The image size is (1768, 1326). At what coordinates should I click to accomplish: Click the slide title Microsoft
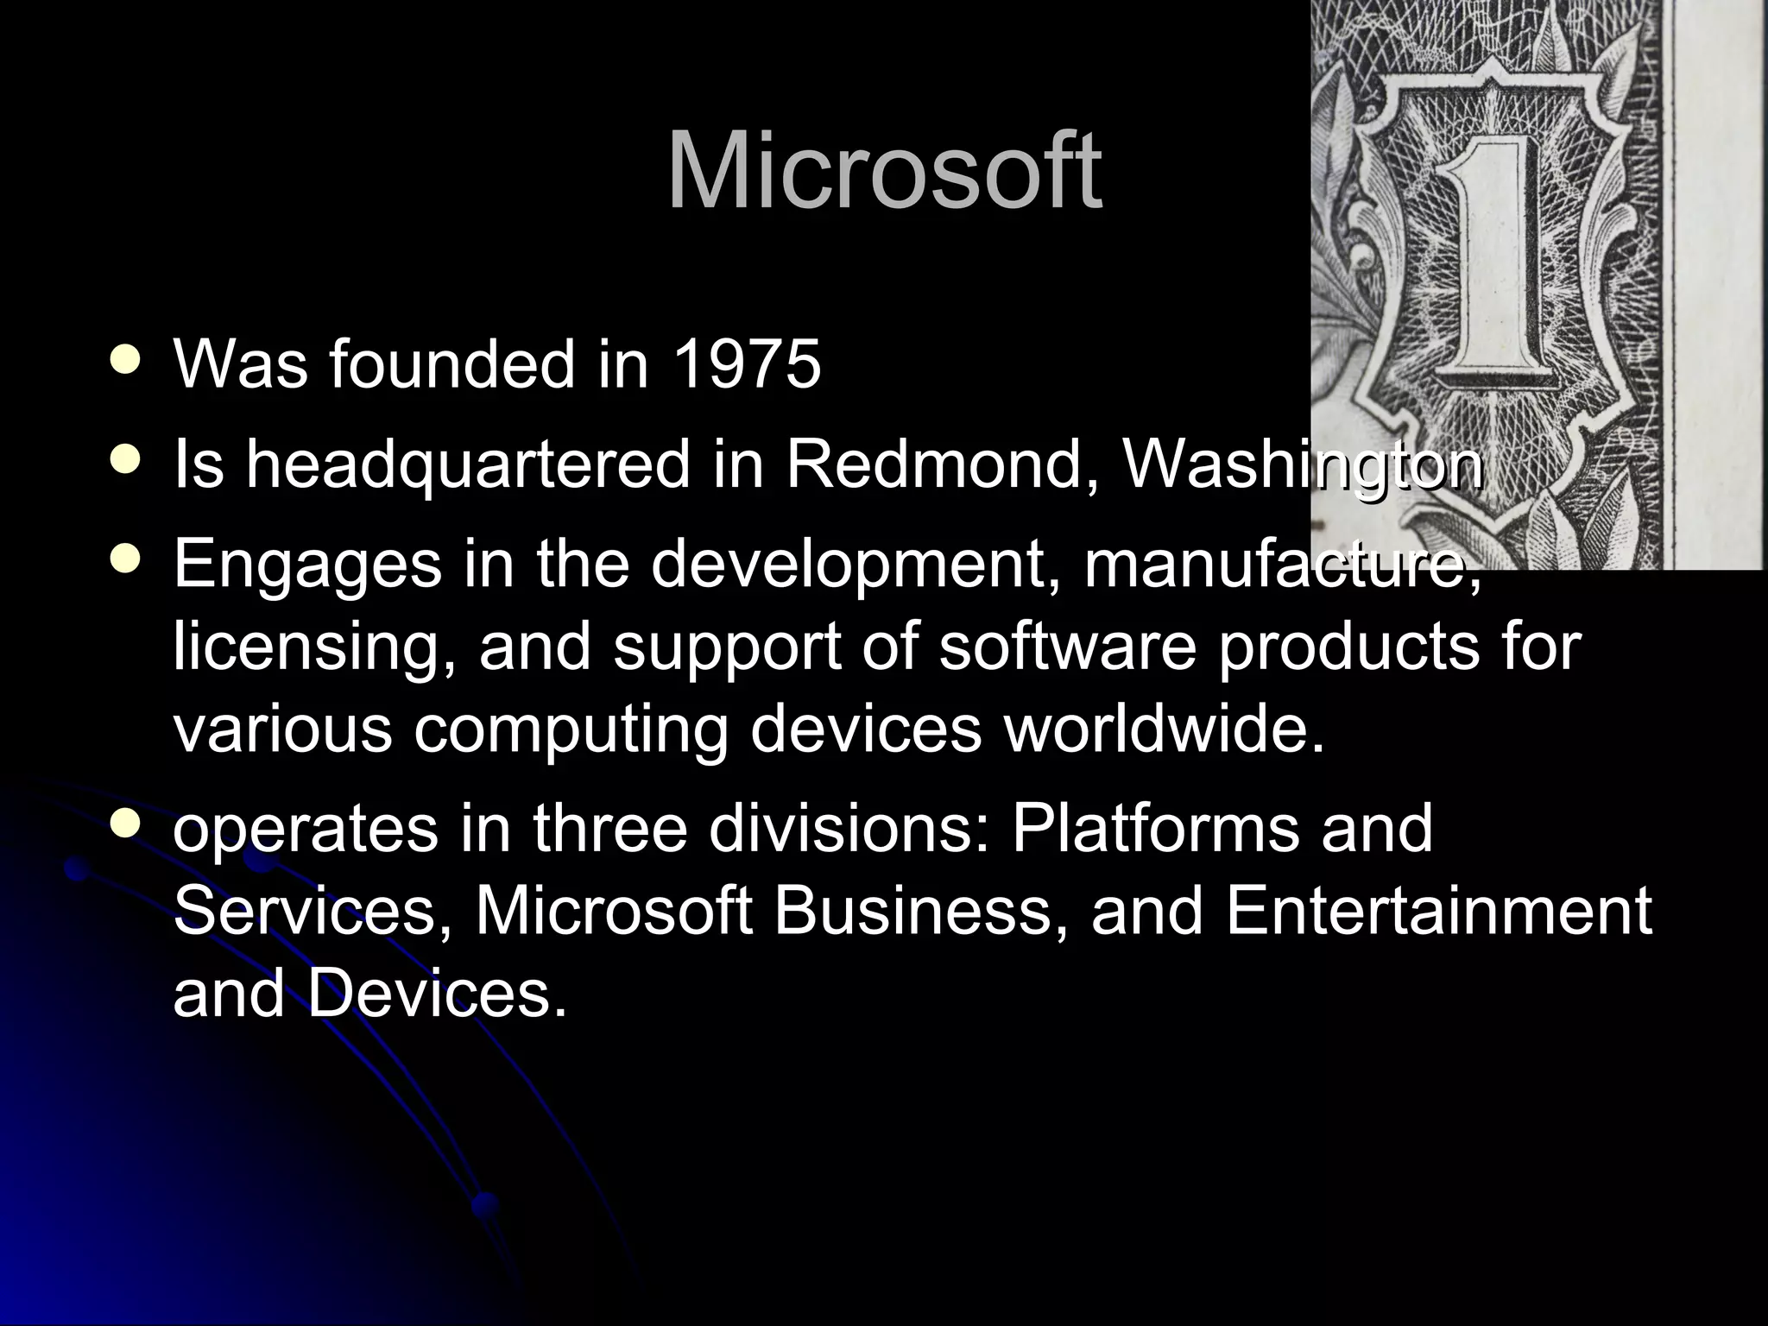pos(884,173)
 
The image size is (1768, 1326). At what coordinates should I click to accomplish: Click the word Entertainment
pos(1438,912)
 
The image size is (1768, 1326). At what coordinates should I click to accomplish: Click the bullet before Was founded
pos(126,361)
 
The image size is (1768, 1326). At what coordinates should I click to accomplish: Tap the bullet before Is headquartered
pos(126,461)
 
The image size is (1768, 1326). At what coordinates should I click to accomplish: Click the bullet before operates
pos(126,824)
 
